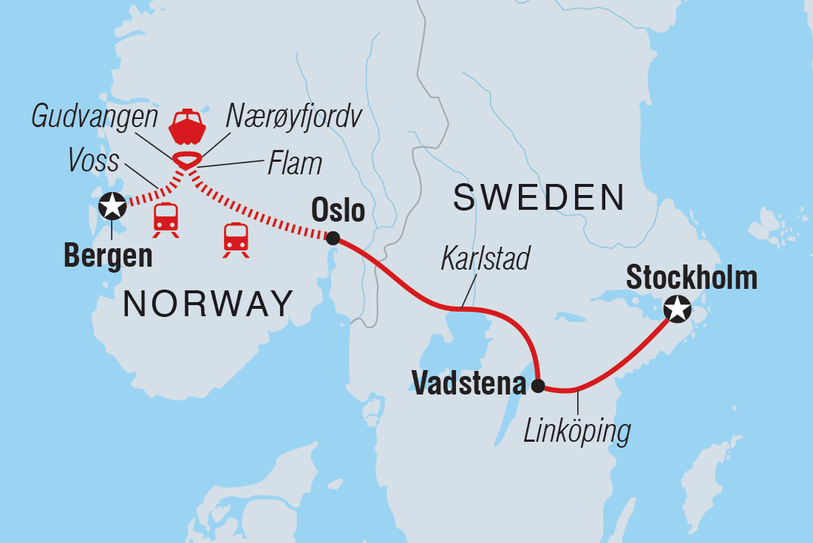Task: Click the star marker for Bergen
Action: tap(112, 205)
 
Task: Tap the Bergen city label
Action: tap(108, 256)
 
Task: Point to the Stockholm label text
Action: tap(692, 278)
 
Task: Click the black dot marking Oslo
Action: tap(333, 238)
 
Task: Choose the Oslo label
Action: tap(339, 211)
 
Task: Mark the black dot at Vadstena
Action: tap(539, 386)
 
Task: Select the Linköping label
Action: tap(577, 431)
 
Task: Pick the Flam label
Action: tap(294, 164)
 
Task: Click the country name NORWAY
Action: tap(208, 304)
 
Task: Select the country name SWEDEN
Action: tap(539, 197)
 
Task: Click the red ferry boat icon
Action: tap(186, 127)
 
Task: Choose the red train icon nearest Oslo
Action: tap(236, 239)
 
